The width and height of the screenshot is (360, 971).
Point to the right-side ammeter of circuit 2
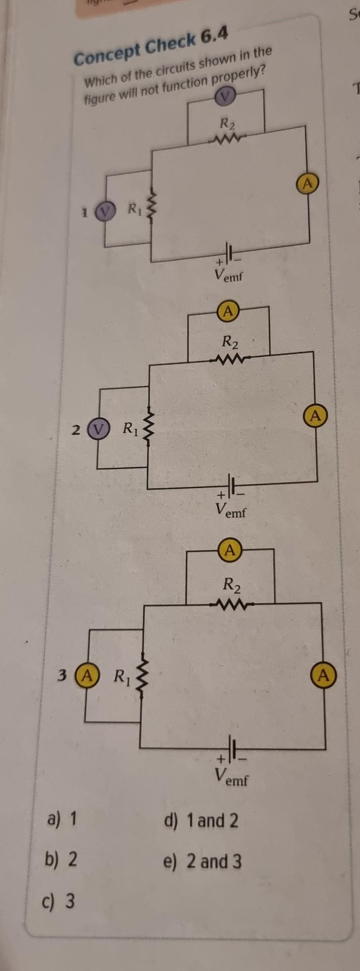pyautogui.click(x=316, y=416)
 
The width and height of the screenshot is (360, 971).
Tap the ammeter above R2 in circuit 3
pyautogui.click(x=230, y=549)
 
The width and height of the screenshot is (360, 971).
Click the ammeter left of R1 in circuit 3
pyautogui.click(x=85, y=675)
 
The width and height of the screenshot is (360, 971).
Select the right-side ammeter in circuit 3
pyautogui.click(x=324, y=675)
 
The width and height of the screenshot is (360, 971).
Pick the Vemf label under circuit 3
pyautogui.click(x=231, y=776)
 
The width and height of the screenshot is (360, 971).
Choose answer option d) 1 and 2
pyautogui.click(x=201, y=820)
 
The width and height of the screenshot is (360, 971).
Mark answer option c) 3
pyautogui.click(x=60, y=901)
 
